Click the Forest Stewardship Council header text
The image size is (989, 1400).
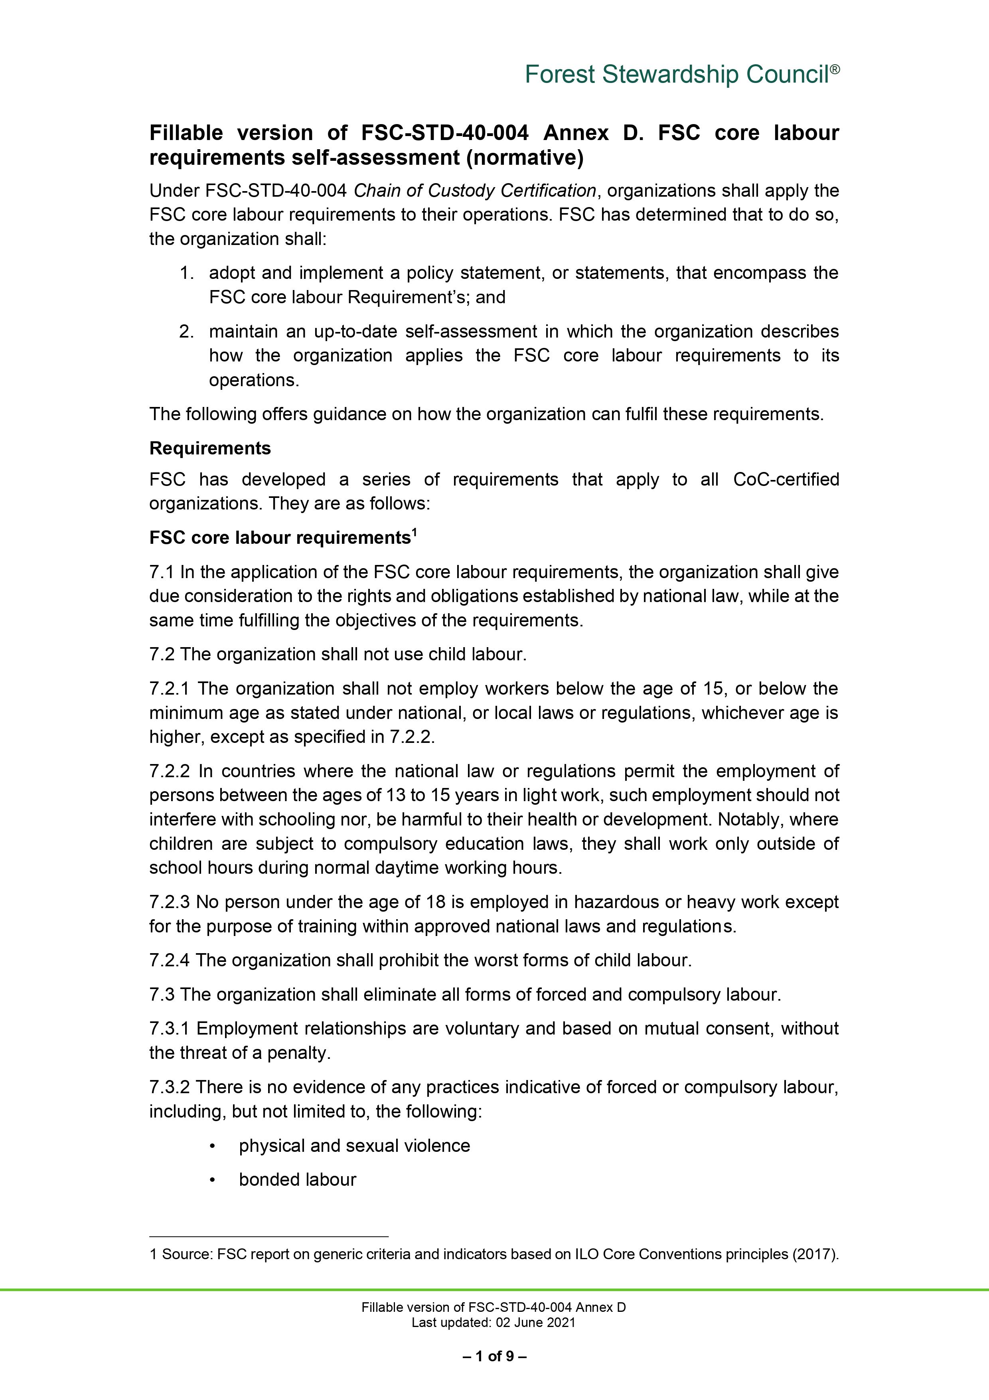tap(677, 75)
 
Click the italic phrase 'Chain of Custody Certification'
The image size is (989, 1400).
tap(474, 191)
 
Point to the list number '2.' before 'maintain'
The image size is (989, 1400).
tap(186, 332)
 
